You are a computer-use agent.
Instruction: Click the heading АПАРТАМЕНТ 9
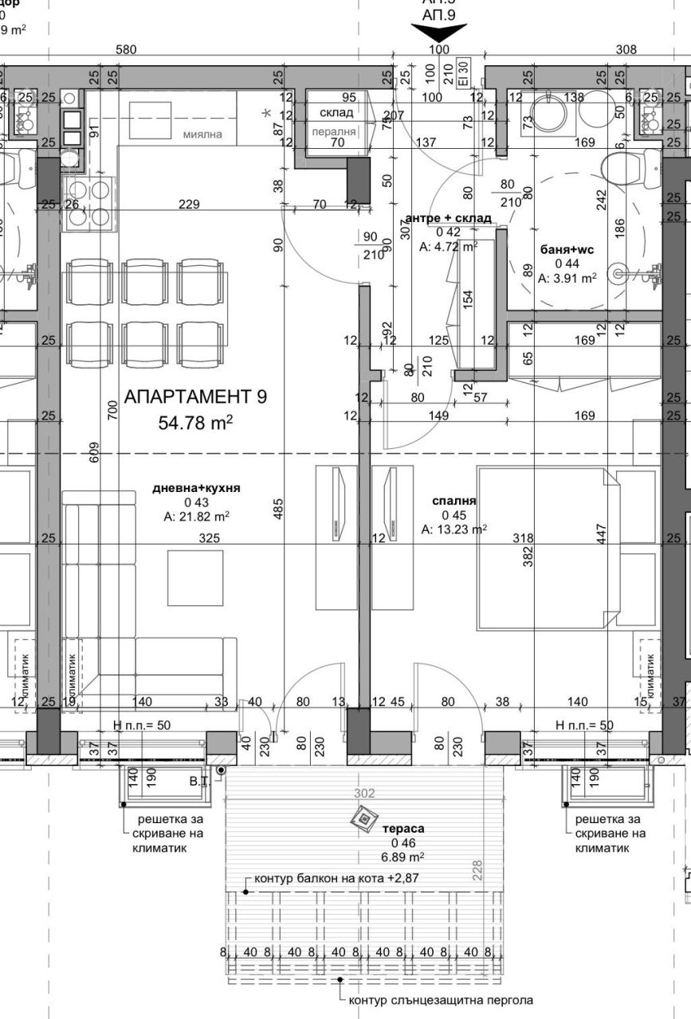[195, 396]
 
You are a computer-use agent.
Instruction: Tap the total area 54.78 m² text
[195, 421]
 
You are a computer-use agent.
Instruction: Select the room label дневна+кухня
[196, 488]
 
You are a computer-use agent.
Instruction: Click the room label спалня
[454, 501]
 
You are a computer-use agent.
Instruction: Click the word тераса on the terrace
[408, 829]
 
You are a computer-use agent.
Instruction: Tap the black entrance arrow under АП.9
[438, 33]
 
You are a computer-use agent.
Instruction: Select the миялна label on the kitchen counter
[202, 135]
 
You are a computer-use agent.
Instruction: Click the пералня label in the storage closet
[332, 132]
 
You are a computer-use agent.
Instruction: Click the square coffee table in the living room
[196, 577]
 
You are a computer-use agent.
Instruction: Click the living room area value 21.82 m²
[196, 517]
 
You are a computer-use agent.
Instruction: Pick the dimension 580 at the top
[126, 49]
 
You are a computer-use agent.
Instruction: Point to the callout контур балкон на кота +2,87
[336, 878]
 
